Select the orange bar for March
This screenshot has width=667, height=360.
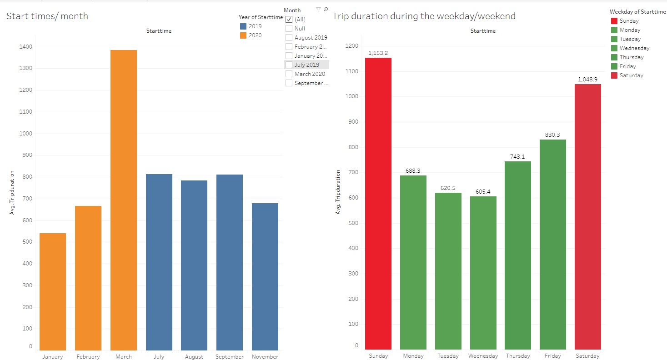click(x=123, y=200)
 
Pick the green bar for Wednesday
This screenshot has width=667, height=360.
click(x=483, y=273)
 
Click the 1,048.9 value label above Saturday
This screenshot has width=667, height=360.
click(x=587, y=80)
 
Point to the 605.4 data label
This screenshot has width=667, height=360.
click(x=483, y=192)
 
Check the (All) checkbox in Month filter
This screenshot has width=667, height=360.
click(x=289, y=20)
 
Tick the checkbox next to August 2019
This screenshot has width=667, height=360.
click(x=289, y=38)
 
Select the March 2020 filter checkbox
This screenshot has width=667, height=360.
click(x=289, y=74)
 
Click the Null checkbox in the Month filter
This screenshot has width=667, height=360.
click(x=289, y=29)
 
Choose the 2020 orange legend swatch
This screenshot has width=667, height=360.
click(x=243, y=35)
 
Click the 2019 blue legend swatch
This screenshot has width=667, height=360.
click(x=243, y=26)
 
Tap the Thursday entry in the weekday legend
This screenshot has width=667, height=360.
click(x=632, y=57)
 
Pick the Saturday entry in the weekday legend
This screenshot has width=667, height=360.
click(x=631, y=75)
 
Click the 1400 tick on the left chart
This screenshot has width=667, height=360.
click(x=26, y=47)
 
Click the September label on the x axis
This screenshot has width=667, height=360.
click(x=229, y=357)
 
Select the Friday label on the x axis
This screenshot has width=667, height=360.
click(x=552, y=356)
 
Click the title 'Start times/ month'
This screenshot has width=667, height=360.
click(x=47, y=16)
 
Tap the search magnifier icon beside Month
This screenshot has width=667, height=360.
click(x=326, y=10)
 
